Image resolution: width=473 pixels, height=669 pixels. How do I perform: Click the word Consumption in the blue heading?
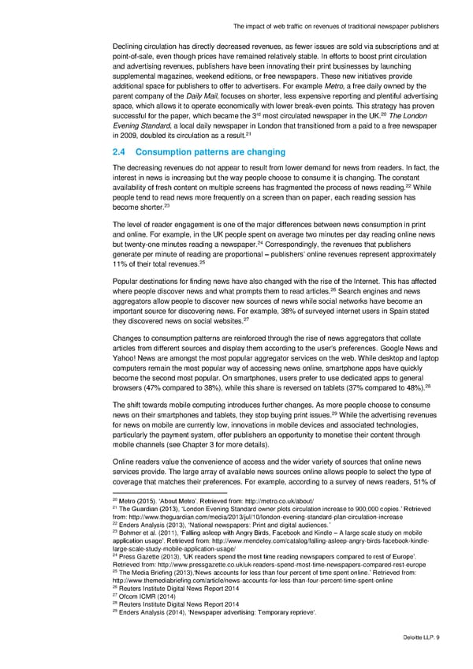tap(171, 152)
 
